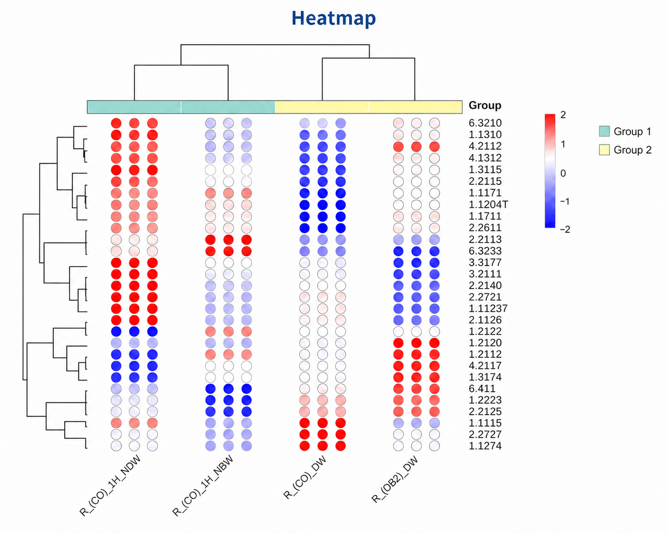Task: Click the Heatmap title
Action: pos(334,19)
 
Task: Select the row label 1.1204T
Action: pos(488,204)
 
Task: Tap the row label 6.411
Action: pos(482,388)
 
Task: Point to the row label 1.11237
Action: pos(488,308)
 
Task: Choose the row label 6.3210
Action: pos(485,123)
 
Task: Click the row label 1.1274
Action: pos(485,445)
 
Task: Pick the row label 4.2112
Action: pos(485,146)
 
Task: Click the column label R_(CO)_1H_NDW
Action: pos(111,486)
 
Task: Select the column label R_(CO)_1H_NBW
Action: pos(202,486)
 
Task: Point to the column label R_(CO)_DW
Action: pos(305,477)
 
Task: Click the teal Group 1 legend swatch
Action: pos(604,131)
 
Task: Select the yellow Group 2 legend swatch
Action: pos(604,149)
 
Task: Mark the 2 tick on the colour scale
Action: pos(563,115)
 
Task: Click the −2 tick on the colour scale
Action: pos(565,229)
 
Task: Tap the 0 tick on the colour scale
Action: pos(563,173)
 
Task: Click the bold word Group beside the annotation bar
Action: pos(485,106)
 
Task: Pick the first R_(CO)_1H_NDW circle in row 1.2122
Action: pos(116,331)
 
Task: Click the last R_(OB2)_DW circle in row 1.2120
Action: pos(434,343)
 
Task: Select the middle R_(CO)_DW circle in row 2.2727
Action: pos(323,434)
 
